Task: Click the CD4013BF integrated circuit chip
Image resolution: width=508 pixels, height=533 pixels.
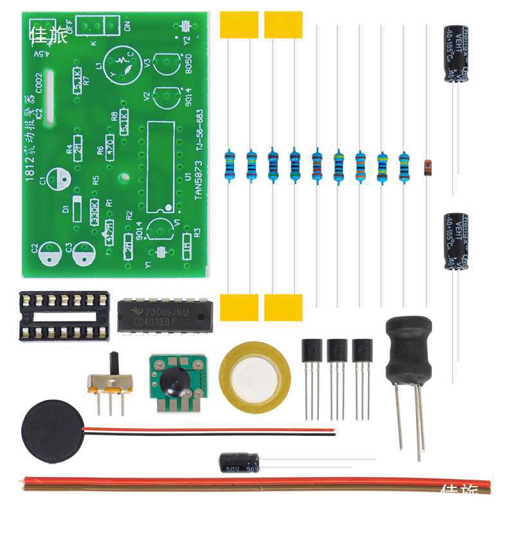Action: [165, 315]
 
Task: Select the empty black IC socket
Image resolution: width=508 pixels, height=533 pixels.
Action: [64, 316]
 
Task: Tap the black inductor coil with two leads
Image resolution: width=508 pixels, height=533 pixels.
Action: [408, 350]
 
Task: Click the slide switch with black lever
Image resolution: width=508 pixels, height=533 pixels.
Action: [110, 382]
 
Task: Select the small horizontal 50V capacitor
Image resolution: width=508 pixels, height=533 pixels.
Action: [239, 462]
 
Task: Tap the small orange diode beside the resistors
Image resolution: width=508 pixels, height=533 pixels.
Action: [428, 168]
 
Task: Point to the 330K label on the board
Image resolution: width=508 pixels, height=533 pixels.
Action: [94, 212]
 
